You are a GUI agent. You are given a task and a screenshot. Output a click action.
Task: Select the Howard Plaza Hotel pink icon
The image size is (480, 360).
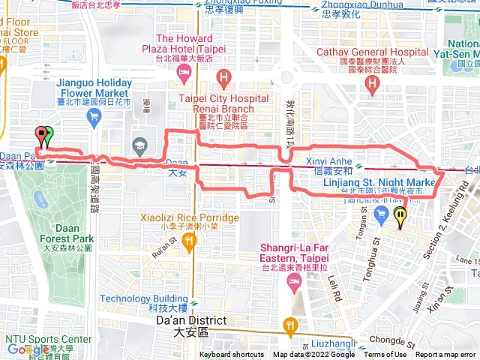point(183,72)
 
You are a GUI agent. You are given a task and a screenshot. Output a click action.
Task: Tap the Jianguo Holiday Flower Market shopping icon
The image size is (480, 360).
point(94,115)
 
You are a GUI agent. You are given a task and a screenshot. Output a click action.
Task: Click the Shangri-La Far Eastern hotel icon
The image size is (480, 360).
point(295,282)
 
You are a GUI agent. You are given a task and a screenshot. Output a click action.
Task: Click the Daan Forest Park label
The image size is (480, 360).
point(66,232)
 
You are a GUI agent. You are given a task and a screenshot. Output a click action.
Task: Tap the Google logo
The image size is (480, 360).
point(28,349)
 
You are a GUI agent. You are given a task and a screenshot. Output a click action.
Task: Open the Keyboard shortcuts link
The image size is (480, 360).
point(232,355)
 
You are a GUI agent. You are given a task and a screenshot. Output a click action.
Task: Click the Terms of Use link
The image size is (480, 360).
point(385,355)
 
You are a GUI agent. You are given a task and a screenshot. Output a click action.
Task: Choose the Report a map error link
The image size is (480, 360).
point(447,355)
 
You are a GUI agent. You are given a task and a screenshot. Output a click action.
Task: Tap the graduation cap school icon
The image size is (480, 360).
point(139,144)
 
